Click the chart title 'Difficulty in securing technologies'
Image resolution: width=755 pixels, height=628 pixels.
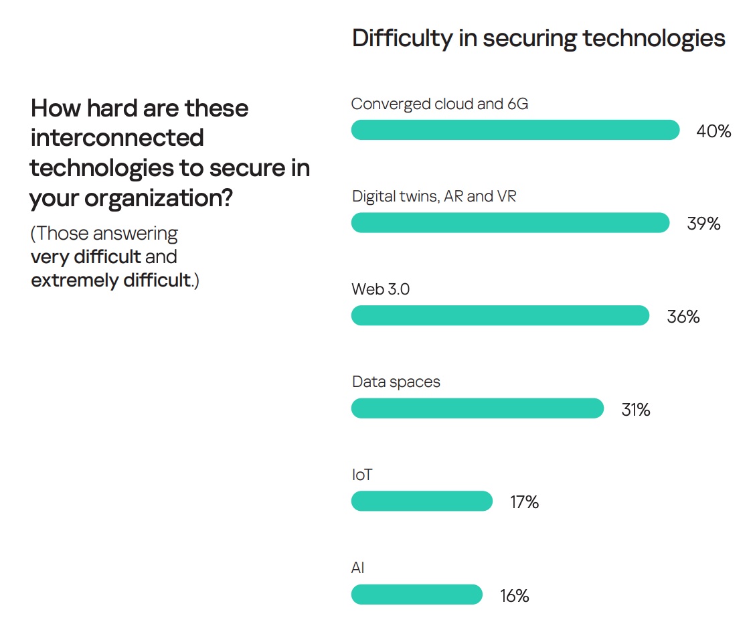coord(538,39)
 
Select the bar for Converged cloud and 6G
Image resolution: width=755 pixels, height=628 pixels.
coord(515,130)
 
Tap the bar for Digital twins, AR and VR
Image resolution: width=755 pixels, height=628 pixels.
coord(510,223)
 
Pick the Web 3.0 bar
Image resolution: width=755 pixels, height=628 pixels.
coord(500,316)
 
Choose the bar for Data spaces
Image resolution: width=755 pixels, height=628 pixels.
coord(477,408)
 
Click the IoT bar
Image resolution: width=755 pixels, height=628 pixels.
coord(422,501)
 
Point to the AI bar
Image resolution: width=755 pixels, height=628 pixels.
coord(416,595)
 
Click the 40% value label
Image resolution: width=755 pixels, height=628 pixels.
coord(714,131)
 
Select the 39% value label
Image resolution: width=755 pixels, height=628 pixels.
coord(703,224)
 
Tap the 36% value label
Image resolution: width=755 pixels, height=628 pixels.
coord(683,317)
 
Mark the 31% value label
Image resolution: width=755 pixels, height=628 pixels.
coord(635,409)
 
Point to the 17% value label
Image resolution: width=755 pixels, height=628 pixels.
coord(524,502)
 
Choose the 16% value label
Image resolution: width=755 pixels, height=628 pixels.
coord(514,595)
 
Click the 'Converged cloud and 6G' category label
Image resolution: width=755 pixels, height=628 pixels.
coord(440,104)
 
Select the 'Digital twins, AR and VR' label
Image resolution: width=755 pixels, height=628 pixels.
coord(434,198)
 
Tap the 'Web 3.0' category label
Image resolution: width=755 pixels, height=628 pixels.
coord(380,290)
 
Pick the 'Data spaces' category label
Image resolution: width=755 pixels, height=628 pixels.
coord(396,382)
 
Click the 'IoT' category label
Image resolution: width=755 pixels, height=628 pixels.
coord(361,475)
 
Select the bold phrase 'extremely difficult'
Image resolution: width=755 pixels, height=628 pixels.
coord(111,280)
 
